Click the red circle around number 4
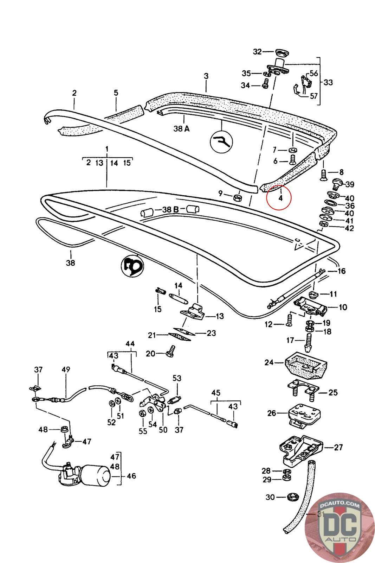pyautogui.click(x=279, y=197)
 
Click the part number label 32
pyautogui.click(x=257, y=52)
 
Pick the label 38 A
pyautogui.click(x=181, y=129)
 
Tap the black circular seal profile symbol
pyautogui.click(x=132, y=266)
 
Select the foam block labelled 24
pyautogui.click(x=305, y=365)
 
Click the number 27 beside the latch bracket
pyautogui.click(x=338, y=447)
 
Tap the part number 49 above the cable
pyautogui.click(x=66, y=369)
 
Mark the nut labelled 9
pyautogui.click(x=237, y=197)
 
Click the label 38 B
pyautogui.click(x=170, y=210)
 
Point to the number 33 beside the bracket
pyautogui.click(x=328, y=82)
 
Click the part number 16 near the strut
pyautogui.click(x=341, y=271)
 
